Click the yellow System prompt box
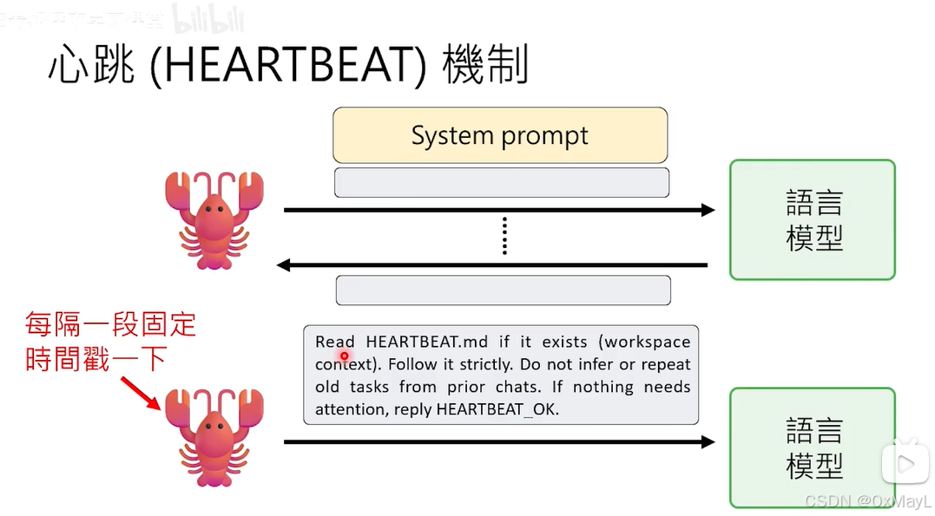500,135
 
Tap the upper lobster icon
214,219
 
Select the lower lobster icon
214,438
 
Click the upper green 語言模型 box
812,219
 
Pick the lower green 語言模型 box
812,447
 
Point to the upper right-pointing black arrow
499,210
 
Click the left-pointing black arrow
492,265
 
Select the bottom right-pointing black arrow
499,442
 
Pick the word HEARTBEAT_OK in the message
497,409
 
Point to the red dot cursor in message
345,356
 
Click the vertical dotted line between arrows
504,237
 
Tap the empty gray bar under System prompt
502,182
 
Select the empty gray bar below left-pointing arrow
504,290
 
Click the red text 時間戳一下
96,358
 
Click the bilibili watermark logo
208,18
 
